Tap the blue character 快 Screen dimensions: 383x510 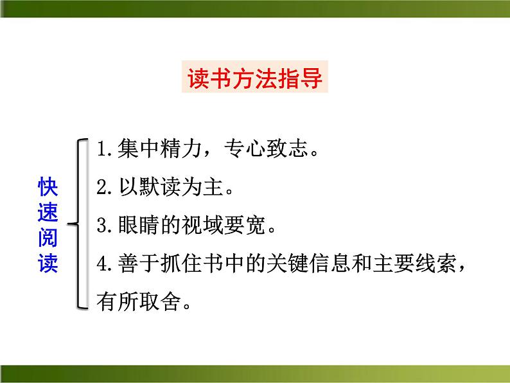(48, 188)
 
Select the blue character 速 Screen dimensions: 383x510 (48, 213)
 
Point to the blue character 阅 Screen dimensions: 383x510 (48, 238)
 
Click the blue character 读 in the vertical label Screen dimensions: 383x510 (48, 264)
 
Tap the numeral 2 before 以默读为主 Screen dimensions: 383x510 (101, 188)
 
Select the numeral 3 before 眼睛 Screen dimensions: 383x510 (101, 226)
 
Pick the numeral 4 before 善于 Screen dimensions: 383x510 (101, 263)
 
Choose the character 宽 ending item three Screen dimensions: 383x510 (259, 226)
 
